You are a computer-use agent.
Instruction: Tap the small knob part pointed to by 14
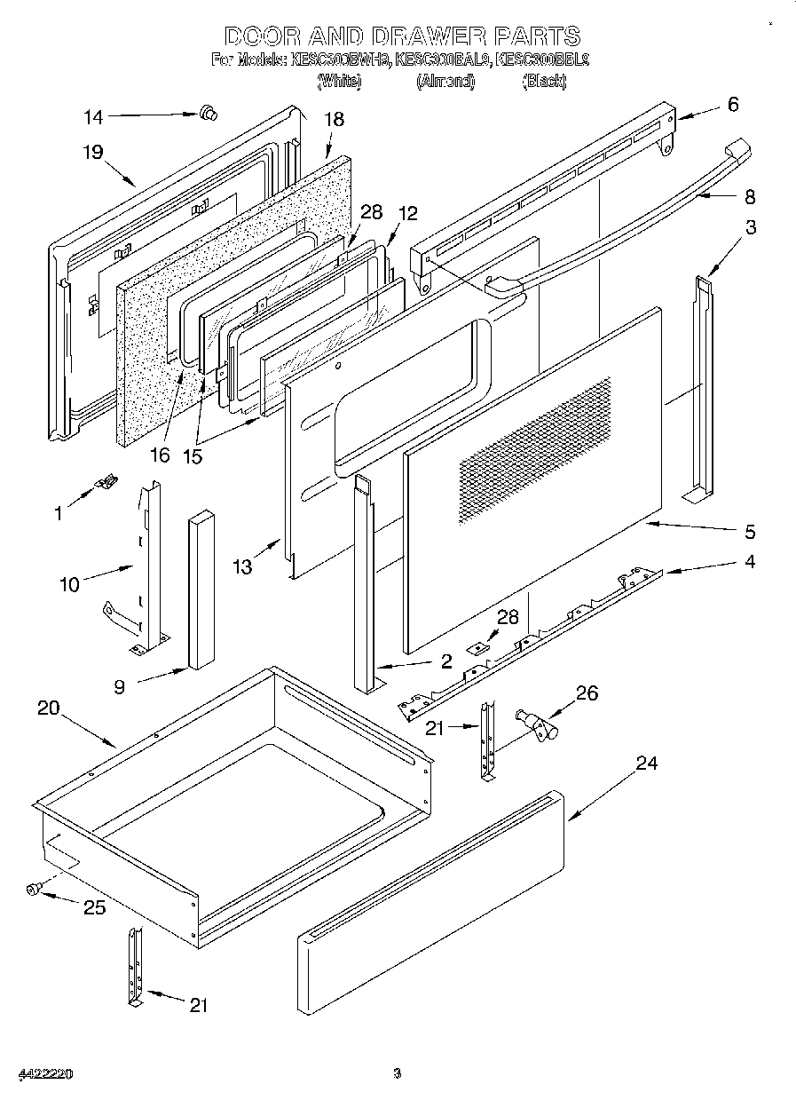coord(209,112)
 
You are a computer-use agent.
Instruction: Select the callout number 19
coord(94,152)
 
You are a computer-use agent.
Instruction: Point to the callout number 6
coord(732,104)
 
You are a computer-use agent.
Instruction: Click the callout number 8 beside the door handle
coord(750,196)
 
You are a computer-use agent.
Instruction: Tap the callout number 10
coord(70,583)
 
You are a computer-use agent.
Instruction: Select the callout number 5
coord(750,532)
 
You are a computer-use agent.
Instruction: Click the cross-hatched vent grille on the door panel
coord(535,448)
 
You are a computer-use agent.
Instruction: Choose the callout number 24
coord(647,763)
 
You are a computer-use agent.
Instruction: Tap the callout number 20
coord(48,708)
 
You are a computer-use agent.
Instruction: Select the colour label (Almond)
coord(445,81)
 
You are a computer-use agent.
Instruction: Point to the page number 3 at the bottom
coord(398,1073)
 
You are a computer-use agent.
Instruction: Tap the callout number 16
coord(159,456)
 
